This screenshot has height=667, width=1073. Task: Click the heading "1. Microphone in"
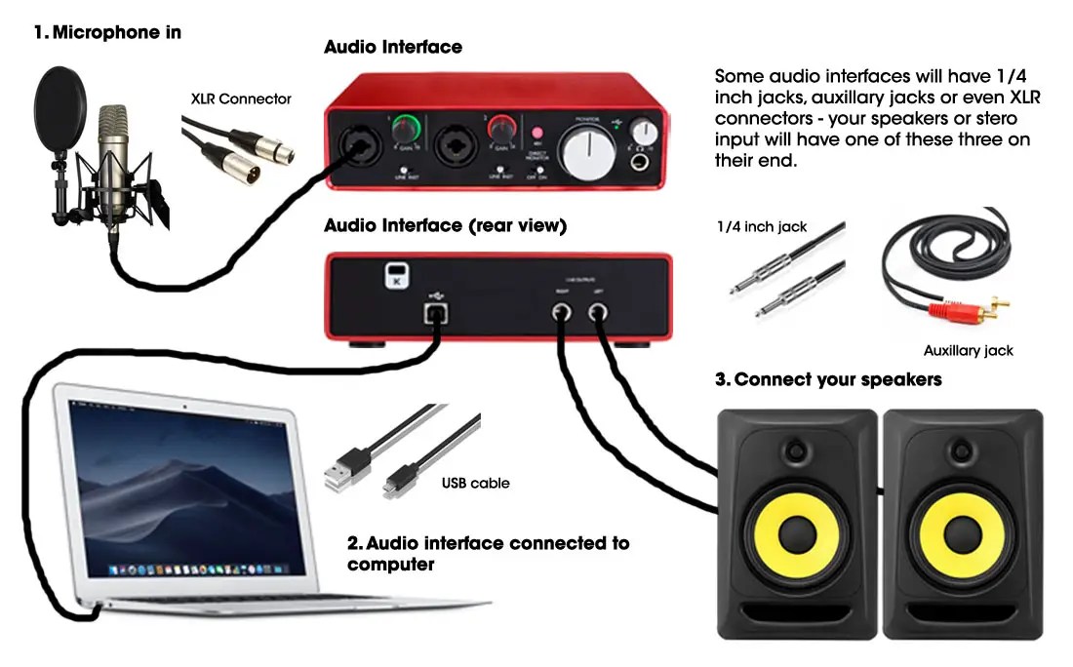[107, 32]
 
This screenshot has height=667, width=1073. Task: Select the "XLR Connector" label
[241, 98]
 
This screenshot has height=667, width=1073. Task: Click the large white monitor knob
[587, 151]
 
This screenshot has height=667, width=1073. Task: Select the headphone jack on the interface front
[643, 161]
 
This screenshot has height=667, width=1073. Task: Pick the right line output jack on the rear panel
[564, 312]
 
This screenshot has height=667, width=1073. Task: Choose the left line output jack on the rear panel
[597, 312]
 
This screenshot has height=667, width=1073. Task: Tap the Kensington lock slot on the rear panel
[394, 274]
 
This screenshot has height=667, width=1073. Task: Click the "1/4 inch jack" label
[762, 226]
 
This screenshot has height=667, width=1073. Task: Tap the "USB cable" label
[475, 483]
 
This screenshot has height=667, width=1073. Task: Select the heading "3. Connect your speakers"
[828, 379]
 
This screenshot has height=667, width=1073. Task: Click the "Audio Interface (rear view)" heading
[445, 225]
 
